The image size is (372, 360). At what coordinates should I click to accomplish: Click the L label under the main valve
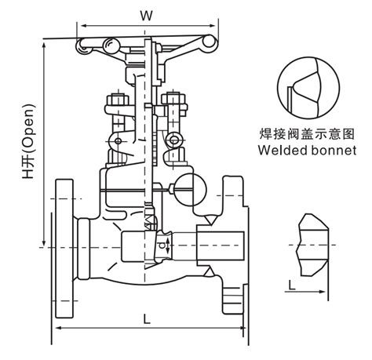147,318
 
